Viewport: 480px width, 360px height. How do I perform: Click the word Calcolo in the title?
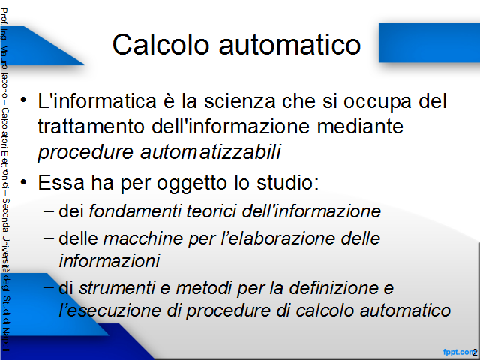(160, 45)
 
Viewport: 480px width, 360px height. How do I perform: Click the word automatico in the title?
(290, 45)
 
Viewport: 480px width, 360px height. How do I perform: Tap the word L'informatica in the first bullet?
(97, 100)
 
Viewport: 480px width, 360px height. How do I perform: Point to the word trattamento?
(91, 127)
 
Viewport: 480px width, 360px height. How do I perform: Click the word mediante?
(360, 126)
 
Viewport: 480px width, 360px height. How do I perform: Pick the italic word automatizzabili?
(211, 151)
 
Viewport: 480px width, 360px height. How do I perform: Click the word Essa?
(61, 182)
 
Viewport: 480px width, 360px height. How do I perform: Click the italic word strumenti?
(117, 288)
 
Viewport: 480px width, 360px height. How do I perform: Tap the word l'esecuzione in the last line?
(110, 310)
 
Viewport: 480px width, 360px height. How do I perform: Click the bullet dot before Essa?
(23, 182)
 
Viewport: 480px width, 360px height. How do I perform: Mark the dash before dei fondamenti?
(49, 211)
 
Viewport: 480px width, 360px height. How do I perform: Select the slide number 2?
(475, 352)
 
